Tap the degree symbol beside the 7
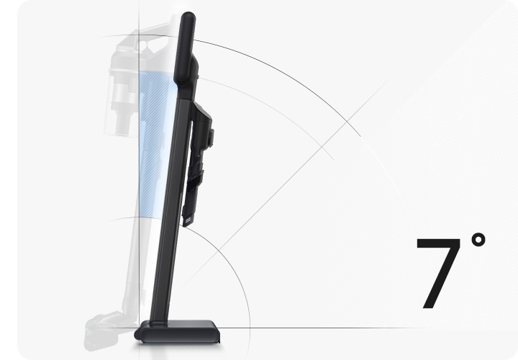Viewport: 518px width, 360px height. click(x=478, y=240)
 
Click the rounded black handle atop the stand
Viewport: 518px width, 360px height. click(x=186, y=46)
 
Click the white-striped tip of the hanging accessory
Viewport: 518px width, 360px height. click(x=188, y=220)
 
